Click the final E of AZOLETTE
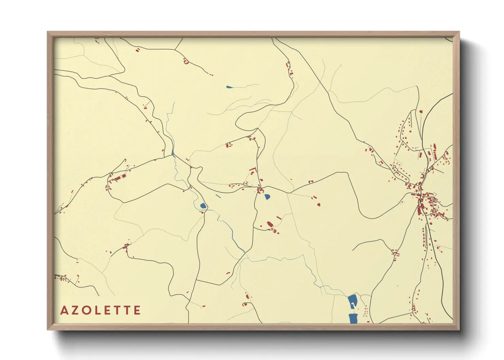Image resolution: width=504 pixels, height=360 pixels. click(137, 310)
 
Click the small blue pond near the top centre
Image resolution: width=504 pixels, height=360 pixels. click(229, 87)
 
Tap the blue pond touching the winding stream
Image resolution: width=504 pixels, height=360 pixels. click(203, 206)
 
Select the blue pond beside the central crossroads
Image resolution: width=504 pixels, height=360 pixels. click(267, 196)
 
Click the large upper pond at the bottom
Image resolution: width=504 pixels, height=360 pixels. click(352, 301)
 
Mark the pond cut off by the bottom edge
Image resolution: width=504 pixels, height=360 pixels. click(353, 318)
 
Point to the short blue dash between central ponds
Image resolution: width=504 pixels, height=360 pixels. click(218, 196)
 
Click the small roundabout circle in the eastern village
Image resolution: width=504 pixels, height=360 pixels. click(394, 167)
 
